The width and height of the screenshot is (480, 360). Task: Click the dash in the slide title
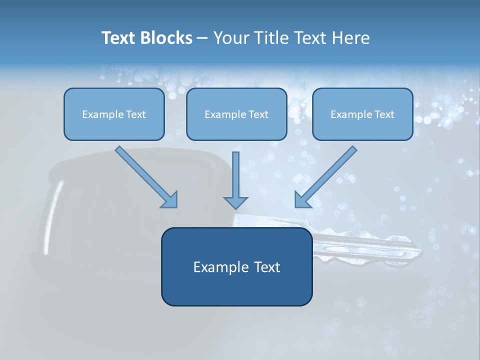coord(202,38)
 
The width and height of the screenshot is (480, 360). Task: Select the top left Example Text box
coord(114,114)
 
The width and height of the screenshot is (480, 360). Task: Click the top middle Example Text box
coord(236,114)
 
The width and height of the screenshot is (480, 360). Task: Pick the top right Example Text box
coord(362,114)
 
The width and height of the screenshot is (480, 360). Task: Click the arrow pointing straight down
coord(235,177)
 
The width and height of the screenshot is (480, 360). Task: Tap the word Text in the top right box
coord(384,114)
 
